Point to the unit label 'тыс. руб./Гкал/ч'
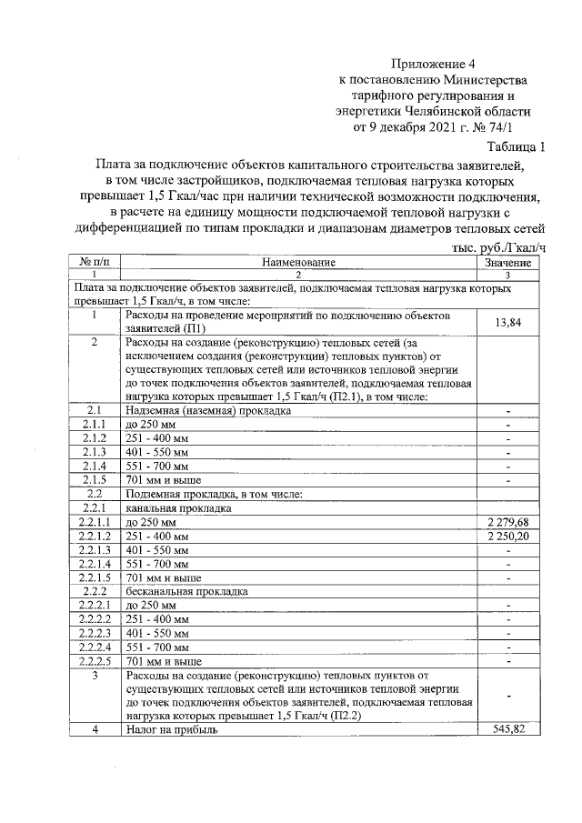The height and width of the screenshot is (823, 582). coord(498,247)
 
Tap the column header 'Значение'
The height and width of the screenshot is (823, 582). coord(507,263)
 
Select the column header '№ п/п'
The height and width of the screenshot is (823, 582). coord(94,263)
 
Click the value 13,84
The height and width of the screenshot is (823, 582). coord(507,322)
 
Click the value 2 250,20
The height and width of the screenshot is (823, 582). coord(507,537)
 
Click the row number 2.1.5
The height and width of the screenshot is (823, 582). coord(94,479)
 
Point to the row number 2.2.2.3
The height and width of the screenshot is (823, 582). coord(94,632)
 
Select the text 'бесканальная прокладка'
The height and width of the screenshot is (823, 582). coord(186,590)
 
